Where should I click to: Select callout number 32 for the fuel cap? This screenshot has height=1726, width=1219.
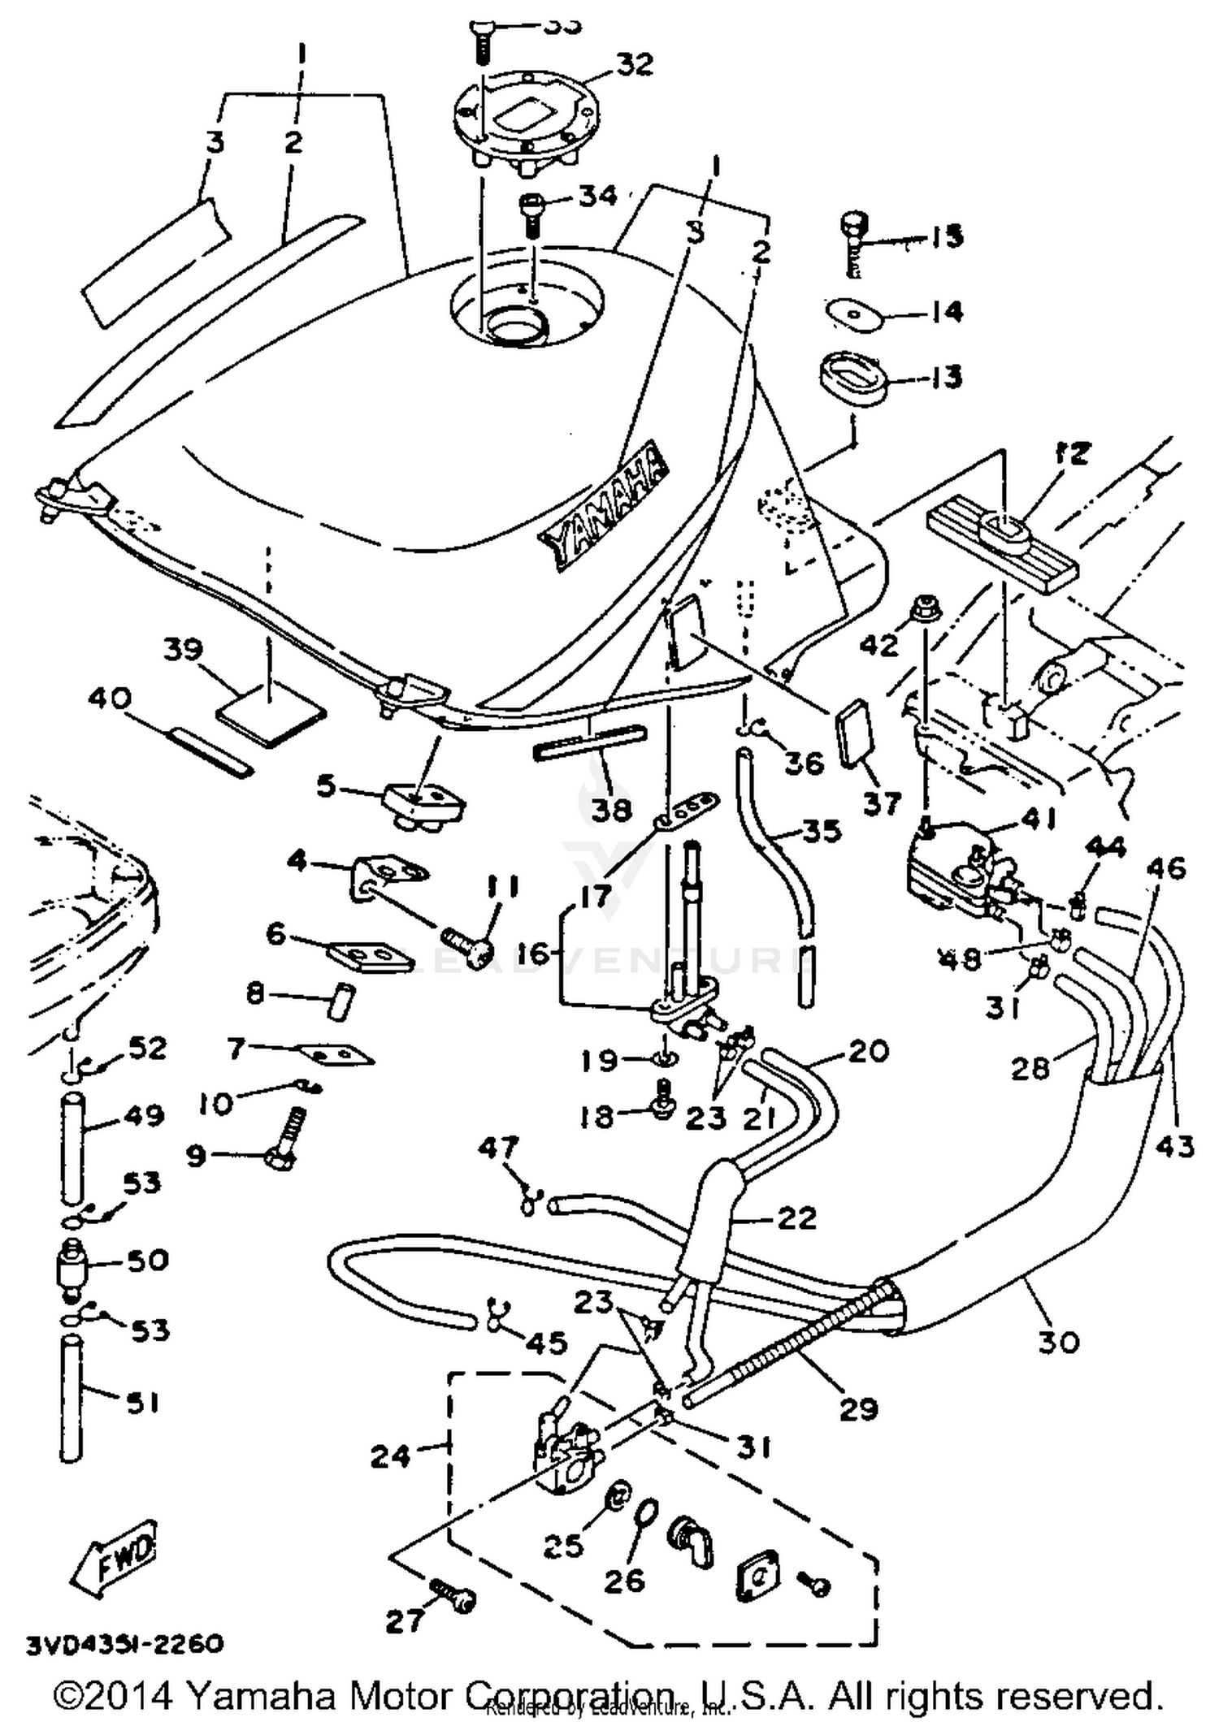(x=634, y=64)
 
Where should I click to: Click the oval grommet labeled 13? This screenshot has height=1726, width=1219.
(x=851, y=377)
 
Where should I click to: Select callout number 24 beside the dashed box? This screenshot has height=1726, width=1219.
(x=390, y=1456)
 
